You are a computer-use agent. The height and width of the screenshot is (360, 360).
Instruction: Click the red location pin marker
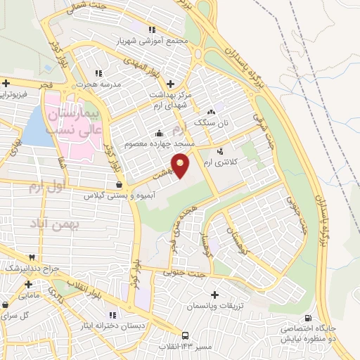[181, 166]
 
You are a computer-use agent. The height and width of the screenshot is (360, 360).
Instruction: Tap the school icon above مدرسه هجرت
[98, 72]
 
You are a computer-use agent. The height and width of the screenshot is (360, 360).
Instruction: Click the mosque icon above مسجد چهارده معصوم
[159, 134]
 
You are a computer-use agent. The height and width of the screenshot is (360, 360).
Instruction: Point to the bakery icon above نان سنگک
[210, 112]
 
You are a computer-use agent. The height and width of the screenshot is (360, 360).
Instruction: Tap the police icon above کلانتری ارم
[220, 151]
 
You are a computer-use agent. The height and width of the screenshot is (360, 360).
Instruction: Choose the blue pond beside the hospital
[37, 127]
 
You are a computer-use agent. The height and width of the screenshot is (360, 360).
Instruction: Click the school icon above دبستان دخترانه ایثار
[112, 315]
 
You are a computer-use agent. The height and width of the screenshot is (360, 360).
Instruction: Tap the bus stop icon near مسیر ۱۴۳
[185, 335]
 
